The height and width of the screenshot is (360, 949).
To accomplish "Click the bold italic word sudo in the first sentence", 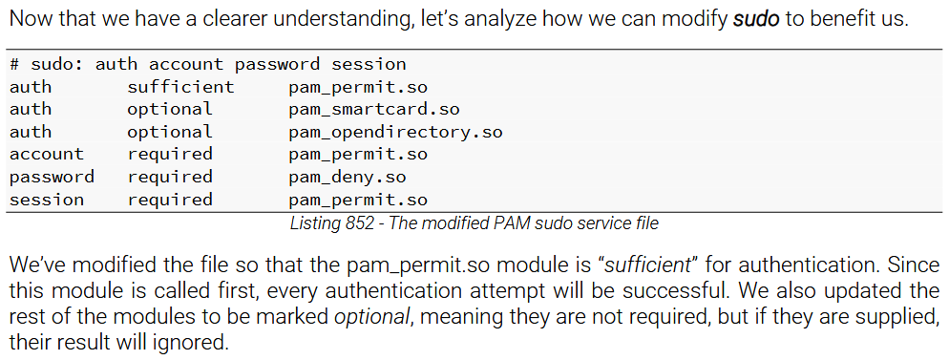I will point(755,19).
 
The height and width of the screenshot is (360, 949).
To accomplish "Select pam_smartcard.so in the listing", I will point(373,109).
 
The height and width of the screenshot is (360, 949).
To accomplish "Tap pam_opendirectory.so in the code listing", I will point(394,132).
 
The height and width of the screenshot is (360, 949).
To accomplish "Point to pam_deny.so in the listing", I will point(347,178).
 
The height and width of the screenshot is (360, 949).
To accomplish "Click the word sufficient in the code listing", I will point(180,87).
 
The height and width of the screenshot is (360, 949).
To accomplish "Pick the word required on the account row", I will point(170,155).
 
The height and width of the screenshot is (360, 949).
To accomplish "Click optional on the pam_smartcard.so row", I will point(170,109).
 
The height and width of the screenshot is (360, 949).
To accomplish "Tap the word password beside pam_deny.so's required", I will point(52,178).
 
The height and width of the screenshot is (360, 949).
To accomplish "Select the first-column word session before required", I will point(47,201).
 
